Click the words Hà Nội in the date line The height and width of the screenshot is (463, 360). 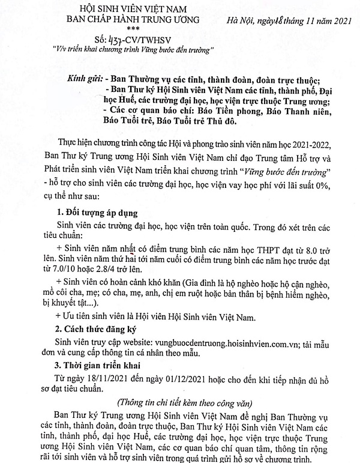(x=246, y=22)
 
